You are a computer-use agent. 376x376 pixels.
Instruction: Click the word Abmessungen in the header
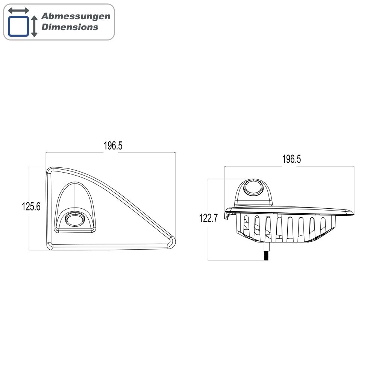76,16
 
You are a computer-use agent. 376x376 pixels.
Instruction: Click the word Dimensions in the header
70,27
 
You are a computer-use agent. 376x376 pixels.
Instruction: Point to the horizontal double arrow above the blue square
18,10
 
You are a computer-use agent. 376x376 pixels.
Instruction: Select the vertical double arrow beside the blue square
34,26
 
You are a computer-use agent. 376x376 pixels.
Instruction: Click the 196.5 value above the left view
113,146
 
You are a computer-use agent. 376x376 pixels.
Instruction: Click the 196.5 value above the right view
291,159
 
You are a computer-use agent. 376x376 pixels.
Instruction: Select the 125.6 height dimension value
31,206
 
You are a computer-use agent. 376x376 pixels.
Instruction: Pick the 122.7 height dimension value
208,218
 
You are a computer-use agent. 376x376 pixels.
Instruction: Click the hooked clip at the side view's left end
228,214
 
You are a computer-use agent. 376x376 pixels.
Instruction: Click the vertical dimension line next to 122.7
208,241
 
